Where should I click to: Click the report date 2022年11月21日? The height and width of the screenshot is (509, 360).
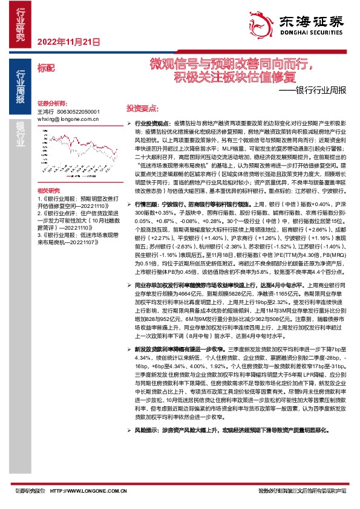68,42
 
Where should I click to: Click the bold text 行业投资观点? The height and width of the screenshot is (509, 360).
149,122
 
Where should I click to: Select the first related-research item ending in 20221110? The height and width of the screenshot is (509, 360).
67,203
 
